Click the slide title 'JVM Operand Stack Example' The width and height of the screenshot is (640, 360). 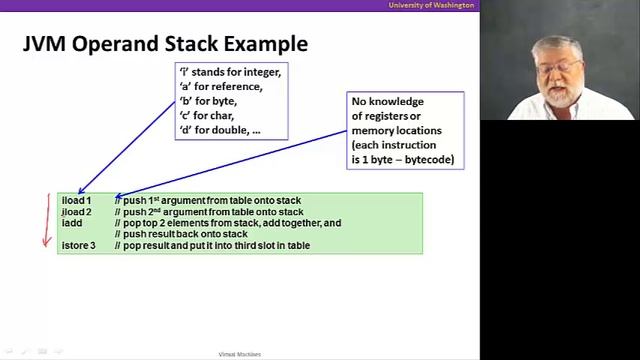(165, 44)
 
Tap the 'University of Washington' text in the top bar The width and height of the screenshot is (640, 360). (431, 5)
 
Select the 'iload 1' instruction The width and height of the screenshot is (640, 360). (76, 201)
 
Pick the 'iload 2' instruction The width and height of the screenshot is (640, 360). (76, 212)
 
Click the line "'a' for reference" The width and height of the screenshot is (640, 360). (219, 86)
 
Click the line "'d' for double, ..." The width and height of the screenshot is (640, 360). (219, 130)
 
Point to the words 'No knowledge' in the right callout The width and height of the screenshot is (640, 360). (387, 102)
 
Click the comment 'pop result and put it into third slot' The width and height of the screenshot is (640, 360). (215, 245)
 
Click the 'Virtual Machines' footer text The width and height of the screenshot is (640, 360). (240, 354)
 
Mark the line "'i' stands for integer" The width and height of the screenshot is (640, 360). (229, 72)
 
